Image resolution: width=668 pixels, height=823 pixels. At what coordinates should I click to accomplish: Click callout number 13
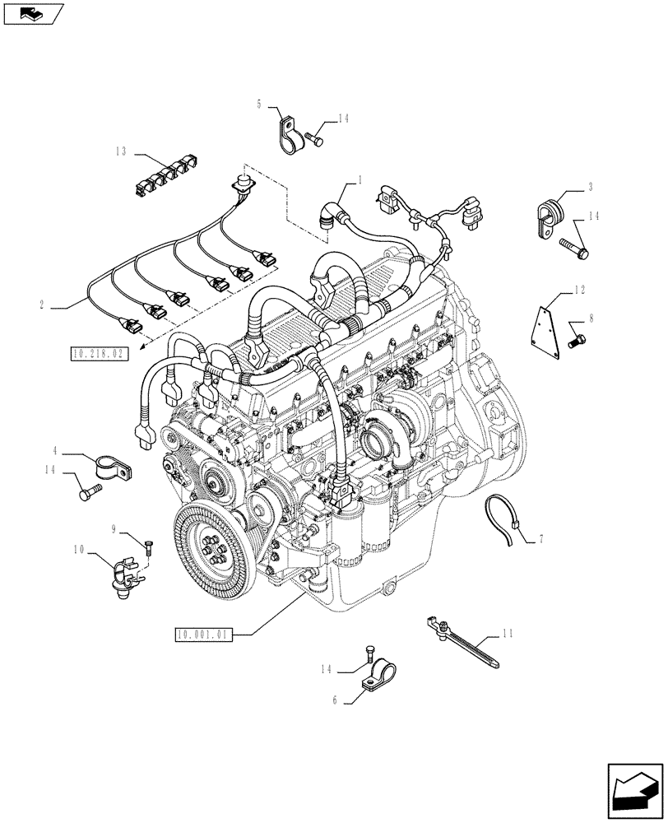120,151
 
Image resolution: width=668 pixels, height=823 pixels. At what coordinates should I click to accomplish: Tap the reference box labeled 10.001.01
204,634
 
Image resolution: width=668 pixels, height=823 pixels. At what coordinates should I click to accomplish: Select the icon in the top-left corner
33,13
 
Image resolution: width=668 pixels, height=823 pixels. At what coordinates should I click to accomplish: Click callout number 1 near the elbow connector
359,179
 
